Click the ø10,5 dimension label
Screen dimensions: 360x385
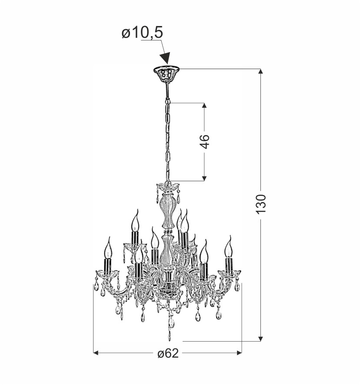pos(142,33)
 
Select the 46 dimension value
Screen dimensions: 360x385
pos(204,142)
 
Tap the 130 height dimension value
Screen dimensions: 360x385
pos(261,204)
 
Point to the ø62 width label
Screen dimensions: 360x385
pos(168,354)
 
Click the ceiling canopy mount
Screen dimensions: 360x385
pos(167,73)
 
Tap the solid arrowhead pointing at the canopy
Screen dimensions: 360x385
pos(165,58)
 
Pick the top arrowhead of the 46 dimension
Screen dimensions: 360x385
pos(204,105)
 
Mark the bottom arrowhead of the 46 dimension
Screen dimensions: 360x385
pos(204,179)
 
